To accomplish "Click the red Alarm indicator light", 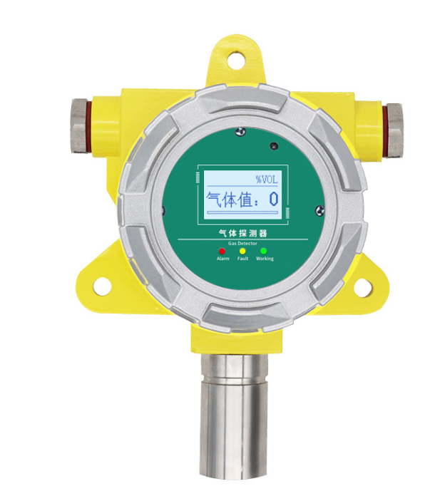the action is coord(222,251).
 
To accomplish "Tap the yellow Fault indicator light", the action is coord(242,251).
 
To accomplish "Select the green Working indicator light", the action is coord(264,251).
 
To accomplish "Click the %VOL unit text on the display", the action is coord(267,180).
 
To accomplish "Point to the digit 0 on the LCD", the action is coord(274,199).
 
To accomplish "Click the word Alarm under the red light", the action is coord(222,259).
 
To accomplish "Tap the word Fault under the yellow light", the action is coord(242,259).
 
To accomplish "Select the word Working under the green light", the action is coord(265,259).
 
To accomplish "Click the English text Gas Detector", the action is coord(242,243).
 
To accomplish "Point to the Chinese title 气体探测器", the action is coord(243,233).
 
